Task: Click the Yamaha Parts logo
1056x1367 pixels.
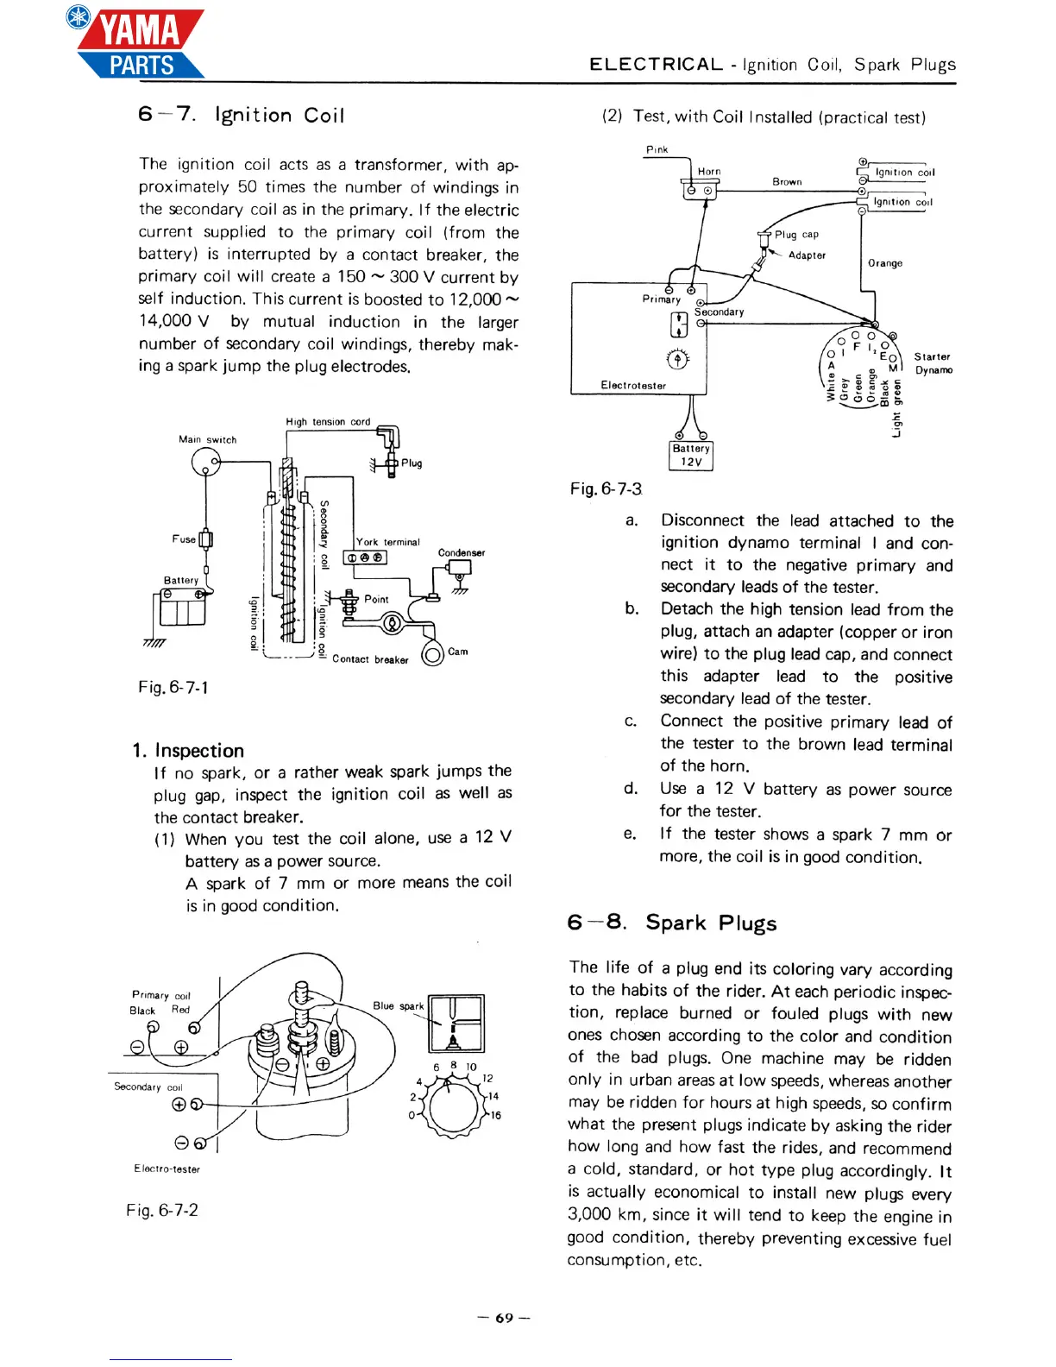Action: point(138,43)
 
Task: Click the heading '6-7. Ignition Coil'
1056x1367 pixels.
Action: point(241,115)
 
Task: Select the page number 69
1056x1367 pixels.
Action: point(504,1318)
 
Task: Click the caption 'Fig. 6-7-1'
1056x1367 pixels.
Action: point(173,688)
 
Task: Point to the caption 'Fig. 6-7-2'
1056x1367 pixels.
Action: point(162,1210)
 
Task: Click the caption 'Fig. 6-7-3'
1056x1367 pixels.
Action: point(606,489)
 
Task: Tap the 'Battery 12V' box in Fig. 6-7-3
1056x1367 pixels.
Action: point(691,455)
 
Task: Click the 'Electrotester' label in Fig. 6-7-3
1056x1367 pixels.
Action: point(633,386)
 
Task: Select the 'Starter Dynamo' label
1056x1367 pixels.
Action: point(933,363)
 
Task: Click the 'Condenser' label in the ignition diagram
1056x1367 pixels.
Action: point(462,552)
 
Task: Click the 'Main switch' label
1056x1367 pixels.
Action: point(207,439)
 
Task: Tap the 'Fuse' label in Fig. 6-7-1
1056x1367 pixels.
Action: point(184,539)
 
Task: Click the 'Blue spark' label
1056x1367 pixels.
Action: point(398,1005)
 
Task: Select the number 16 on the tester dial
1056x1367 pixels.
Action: point(495,1116)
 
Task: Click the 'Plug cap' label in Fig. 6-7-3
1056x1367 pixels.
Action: point(796,235)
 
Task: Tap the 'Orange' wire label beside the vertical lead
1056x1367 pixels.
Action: point(885,263)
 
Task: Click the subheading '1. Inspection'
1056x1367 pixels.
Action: point(188,750)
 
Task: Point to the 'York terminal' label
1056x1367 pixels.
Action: point(388,542)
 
